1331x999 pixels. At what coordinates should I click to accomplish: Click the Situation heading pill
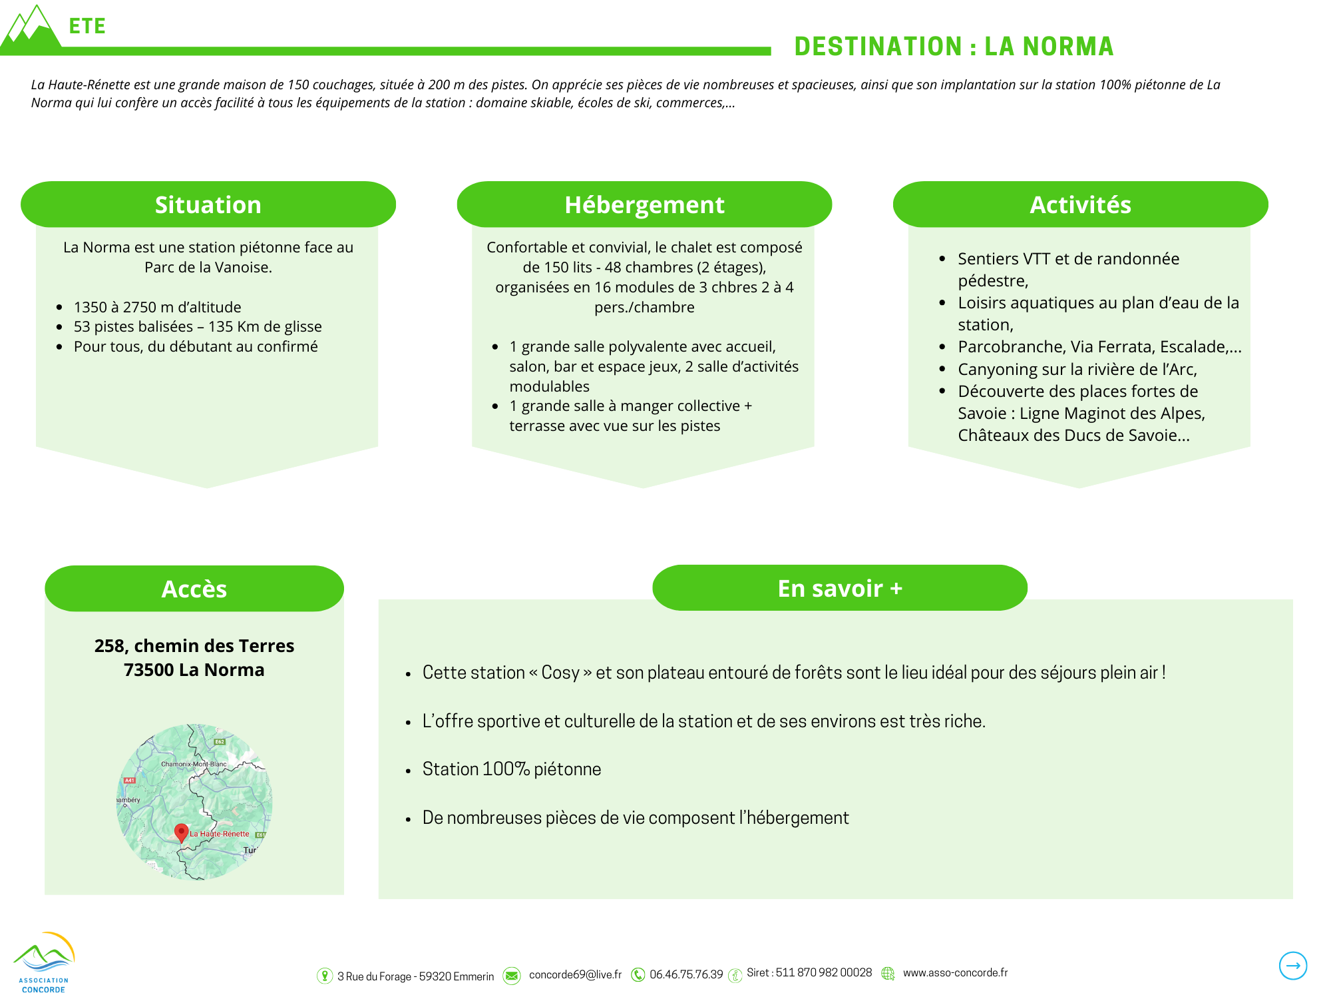pyautogui.click(x=208, y=204)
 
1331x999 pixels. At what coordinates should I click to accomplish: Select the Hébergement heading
pyautogui.click(x=644, y=204)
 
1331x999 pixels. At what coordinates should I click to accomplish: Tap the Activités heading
pyautogui.click(x=1080, y=204)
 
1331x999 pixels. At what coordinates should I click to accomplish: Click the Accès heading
pyautogui.click(x=194, y=589)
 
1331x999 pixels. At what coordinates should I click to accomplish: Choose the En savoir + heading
pyautogui.click(x=840, y=588)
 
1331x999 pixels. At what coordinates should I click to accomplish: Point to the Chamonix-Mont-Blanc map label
pyautogui.click(x=194, y=764)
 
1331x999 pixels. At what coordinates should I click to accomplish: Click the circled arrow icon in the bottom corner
pyautogui.click(x=1292, y=966)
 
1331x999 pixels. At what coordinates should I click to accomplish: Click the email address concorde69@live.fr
pyautogui.click(x=575, y=975)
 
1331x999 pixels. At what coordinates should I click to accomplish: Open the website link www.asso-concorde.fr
pyautogui.click(x=955, y=973)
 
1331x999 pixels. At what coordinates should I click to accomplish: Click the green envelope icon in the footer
pyautogui.click(x=512, y=976)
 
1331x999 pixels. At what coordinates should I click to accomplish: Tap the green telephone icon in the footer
pyautogui.click(x=638, y=975)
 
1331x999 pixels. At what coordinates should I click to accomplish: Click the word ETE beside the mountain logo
pyautogui.click(x=87, y=26)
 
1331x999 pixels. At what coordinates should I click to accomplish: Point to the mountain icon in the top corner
pyautogui.click(x=31, y=30)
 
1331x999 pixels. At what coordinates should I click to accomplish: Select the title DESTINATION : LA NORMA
pyautogui.click(x=954, y=47)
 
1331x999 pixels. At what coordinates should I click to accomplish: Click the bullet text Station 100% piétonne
pyautogui.click(x=511, y=769)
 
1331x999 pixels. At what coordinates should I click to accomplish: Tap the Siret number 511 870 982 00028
pyautogui.click(x=823, y=973)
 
